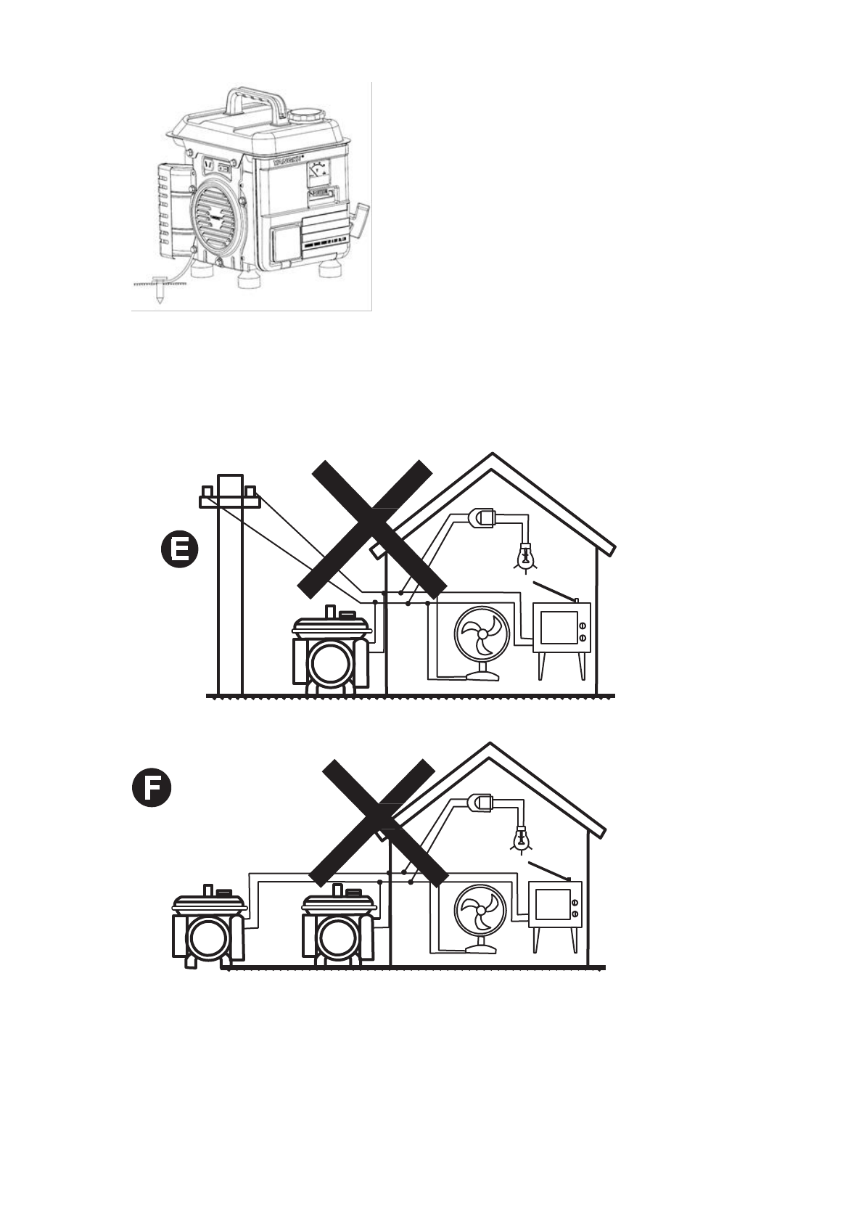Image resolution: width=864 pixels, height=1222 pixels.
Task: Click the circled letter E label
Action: [x=178, y=550]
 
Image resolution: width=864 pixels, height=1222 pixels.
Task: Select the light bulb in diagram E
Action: [x=525, y=557]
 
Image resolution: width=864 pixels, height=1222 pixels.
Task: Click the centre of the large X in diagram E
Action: [x=371, y=526]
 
